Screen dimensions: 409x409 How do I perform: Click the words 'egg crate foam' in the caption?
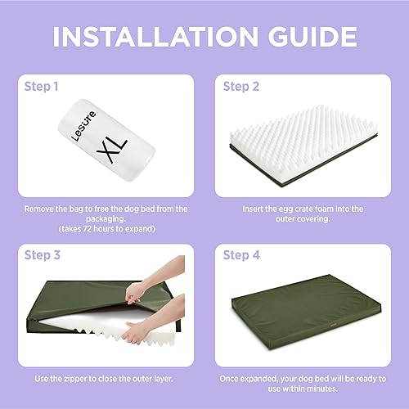tap(299, 209)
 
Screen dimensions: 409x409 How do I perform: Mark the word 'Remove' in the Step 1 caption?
tap(38, 209)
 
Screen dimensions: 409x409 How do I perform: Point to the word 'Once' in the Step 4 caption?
tap(231, 379)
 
